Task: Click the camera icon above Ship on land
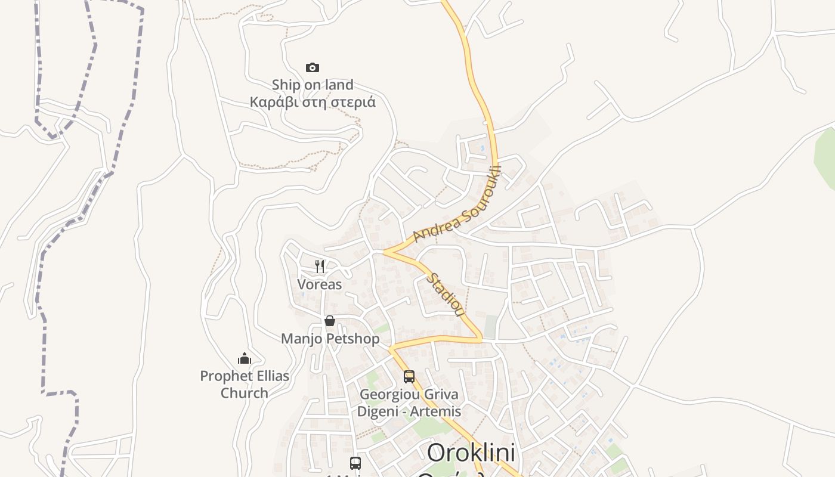(313, 68)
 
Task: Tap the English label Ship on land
(313, 85)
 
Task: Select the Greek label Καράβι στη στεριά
(313, 102)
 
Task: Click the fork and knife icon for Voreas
(320, 266)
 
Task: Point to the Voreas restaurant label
(320, 284)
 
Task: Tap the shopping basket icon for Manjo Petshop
(330, 321)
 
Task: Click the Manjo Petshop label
(330, 339)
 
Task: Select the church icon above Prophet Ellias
(245, 358)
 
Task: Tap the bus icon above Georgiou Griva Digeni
(409, 377)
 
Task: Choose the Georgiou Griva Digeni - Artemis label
(409, 403)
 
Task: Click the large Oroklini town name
(471, 453)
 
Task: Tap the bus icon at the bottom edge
(355, 463)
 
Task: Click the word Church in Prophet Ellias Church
(245, 393)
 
